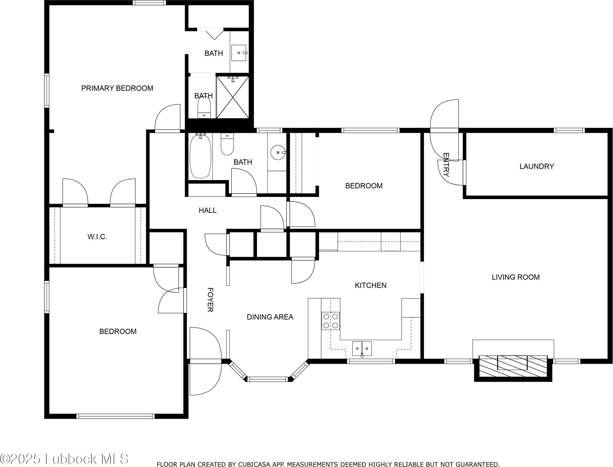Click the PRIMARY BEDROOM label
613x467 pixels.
coord(117,88)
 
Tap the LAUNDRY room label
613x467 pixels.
coord(537,166)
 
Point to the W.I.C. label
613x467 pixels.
coord(97,237)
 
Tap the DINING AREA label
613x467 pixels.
coord(270,317)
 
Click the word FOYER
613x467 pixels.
coord(210,300)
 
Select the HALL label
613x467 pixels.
coord(208,210)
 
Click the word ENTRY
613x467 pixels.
coord(446,165)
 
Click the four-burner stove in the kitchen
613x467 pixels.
coord(331,321)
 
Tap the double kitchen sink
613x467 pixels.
coord(362,348)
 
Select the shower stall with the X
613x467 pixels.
coord(233,97)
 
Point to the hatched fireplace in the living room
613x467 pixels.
coord(513,366)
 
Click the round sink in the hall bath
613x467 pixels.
coord(278,153)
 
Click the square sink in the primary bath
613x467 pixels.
coord(239,53)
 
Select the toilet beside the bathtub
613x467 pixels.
coord(227,144)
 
